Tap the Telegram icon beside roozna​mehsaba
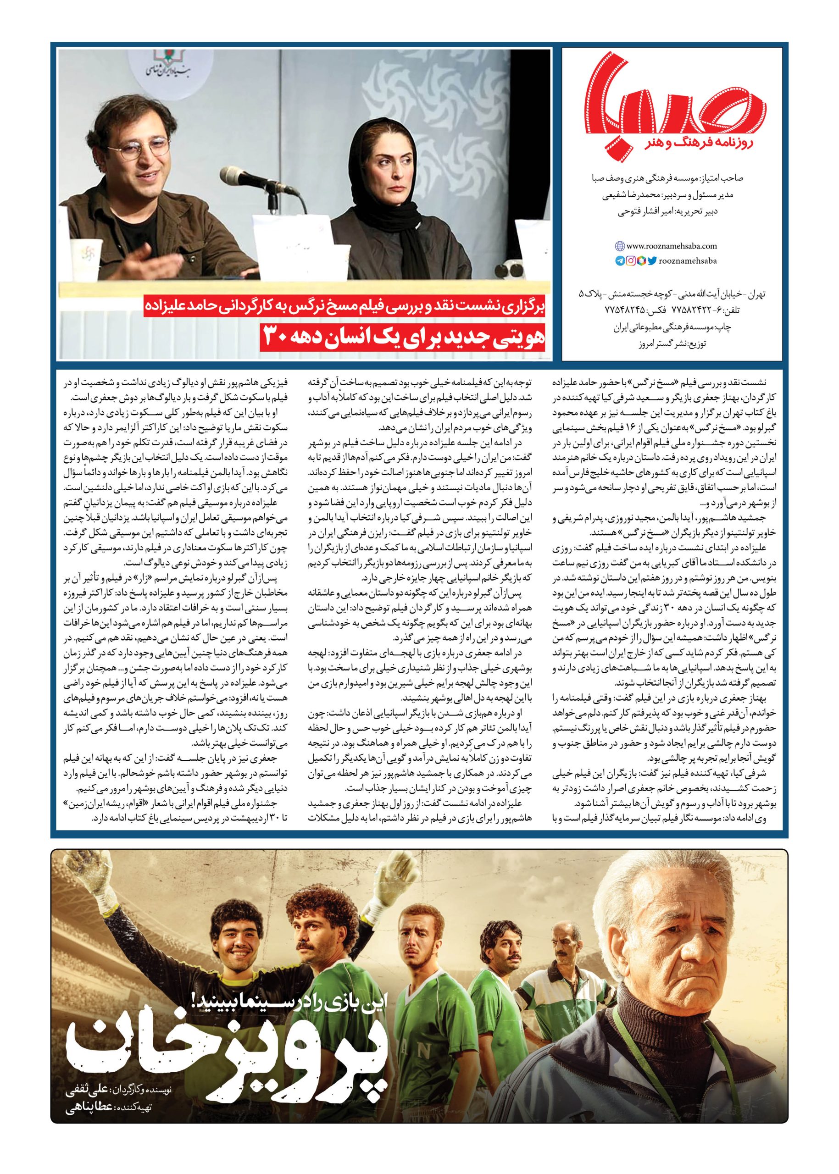click(x=619, y=261)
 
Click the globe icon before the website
click(x=619, y=246)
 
